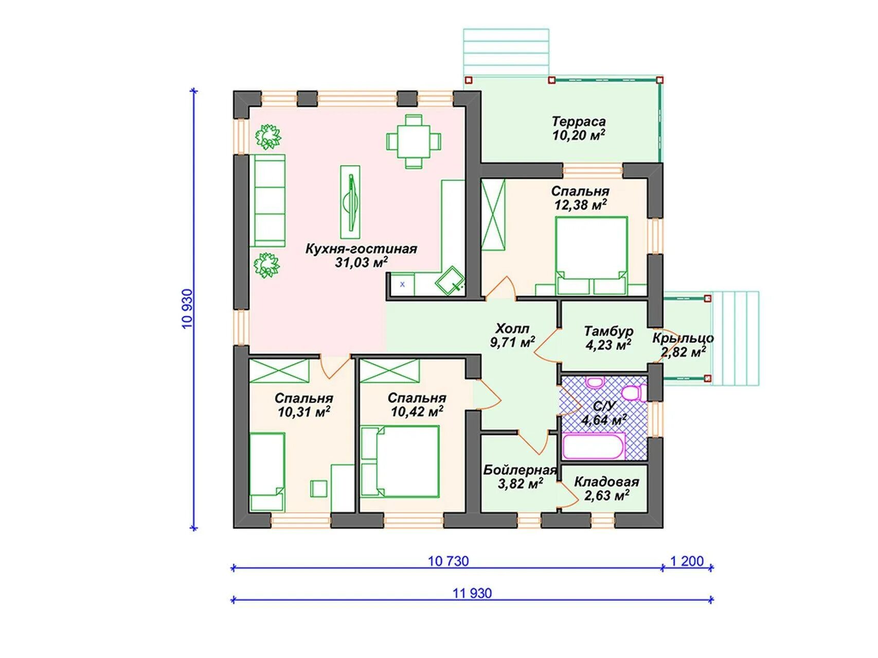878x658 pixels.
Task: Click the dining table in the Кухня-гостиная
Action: (x=414, y=141)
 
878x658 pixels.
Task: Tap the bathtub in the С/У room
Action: (x=594, y=446)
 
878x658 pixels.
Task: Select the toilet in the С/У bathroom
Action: (x=634, y=393)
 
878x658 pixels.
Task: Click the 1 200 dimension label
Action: (x=687, y=561)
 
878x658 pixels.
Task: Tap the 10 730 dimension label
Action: (x=448, y=561)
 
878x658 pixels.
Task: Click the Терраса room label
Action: (x=579, y=122)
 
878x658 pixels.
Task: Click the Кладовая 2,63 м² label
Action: (x=606, y=489)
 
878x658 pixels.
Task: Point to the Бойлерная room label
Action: (x=520, y=470)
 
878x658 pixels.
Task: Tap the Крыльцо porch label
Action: (x=683, y=338)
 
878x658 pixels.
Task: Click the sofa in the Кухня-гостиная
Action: (x=267, y=200)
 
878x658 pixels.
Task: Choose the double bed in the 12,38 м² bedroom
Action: (x=592, y=255)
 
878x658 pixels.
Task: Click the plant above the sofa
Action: (x=268, y=136)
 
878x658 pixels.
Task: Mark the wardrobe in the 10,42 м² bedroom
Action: (x=390, y=371)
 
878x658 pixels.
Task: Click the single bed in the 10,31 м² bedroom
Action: (x=267, y=472)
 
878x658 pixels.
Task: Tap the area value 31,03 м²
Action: (x=361, y=263)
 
